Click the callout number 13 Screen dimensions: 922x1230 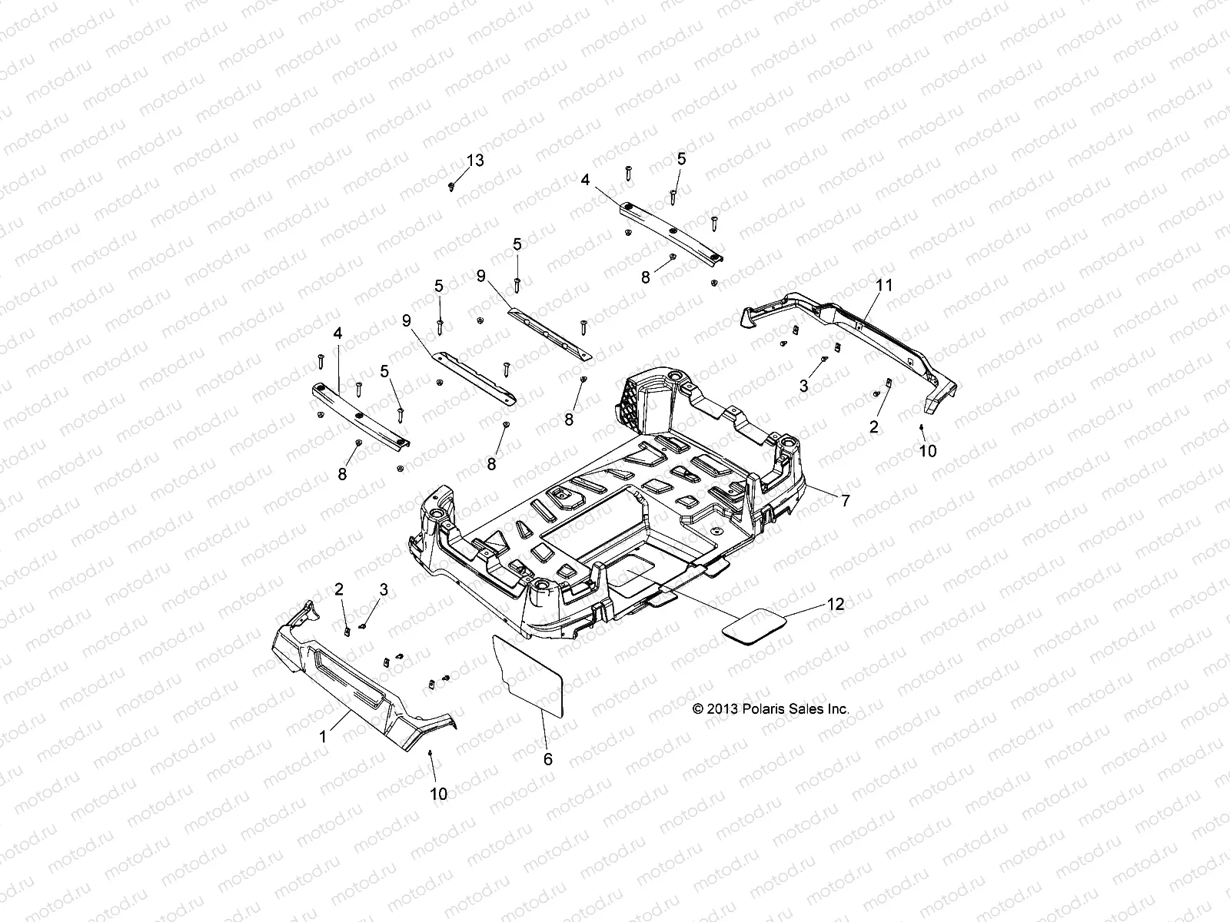coord(476,161)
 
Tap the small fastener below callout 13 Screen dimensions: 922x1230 coord(451,187)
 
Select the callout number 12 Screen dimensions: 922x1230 coord(836,604)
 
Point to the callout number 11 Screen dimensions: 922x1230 coord(885,285)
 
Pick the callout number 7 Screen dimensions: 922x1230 coord(846,501)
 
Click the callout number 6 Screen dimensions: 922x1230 coord(548,759)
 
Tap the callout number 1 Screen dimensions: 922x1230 coord(324,736)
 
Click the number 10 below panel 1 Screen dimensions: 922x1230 coord(438,794)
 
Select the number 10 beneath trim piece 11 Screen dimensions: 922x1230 coord(928,451)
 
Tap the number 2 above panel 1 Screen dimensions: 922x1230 coord(338,589)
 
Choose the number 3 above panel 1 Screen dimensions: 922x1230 coord(384,589)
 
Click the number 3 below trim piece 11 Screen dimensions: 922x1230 coord(804,386)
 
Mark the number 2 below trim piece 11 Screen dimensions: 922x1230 coord(873,427)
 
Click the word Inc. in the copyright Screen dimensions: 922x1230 coord(838,709)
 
